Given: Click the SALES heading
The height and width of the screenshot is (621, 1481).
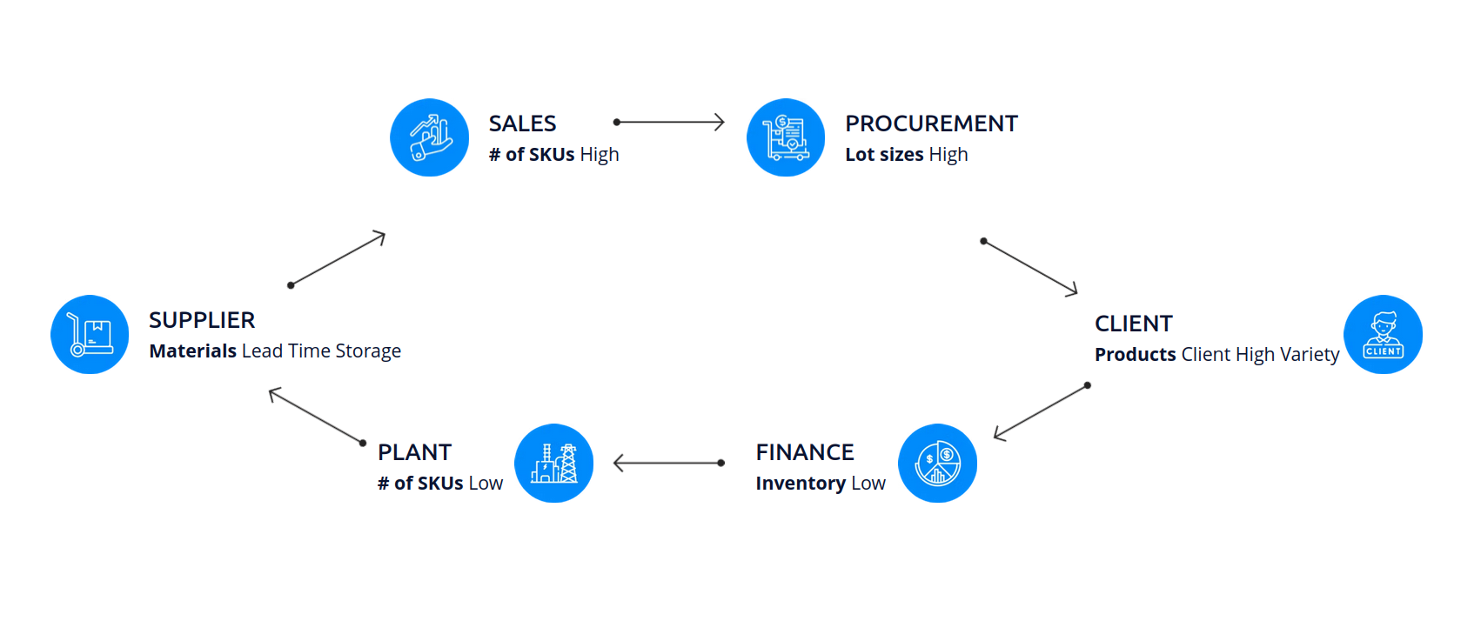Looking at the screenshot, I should (x=522, y=124).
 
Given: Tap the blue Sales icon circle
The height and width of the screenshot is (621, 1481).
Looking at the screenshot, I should (x=430, y=137).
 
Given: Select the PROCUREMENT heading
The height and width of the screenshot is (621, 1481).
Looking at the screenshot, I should (x=931, y=124).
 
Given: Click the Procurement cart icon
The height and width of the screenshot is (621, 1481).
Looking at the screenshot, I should (x=786, y=137).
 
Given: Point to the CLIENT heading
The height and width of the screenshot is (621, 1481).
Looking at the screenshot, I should (x=1133, y=324).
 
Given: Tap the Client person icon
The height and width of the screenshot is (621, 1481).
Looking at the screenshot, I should (x=1383, y=335).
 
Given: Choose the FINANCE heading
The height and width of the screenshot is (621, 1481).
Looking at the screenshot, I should (x=804, y=452).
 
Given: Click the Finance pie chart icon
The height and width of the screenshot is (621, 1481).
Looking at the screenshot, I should (x=937, y=464).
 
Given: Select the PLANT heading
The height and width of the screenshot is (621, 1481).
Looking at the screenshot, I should (x=414, y=452).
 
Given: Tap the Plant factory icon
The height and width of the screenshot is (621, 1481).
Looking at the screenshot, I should (x=553, y=464).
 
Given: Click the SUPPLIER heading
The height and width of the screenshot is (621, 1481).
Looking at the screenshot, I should (x=202, y=320).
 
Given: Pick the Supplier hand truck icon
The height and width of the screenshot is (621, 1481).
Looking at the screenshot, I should (x=90, y=335).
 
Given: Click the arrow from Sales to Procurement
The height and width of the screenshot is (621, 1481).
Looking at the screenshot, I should (x=669, y=122).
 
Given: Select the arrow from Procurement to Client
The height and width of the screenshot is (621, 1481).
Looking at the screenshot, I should (x=1030, y=266).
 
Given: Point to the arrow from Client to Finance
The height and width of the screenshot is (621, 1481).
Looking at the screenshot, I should (x=1041, y=411).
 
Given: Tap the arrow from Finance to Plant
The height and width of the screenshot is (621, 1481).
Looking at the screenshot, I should (x=668, y=463).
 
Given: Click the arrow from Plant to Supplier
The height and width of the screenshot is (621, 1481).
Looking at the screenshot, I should (x=316, y=417).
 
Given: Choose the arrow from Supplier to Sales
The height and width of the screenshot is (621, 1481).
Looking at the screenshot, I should (x=338, y=258).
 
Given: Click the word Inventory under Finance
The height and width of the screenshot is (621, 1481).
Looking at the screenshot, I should (x=801, y=484).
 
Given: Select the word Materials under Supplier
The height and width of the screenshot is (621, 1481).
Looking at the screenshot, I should (x=192, y=351).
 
